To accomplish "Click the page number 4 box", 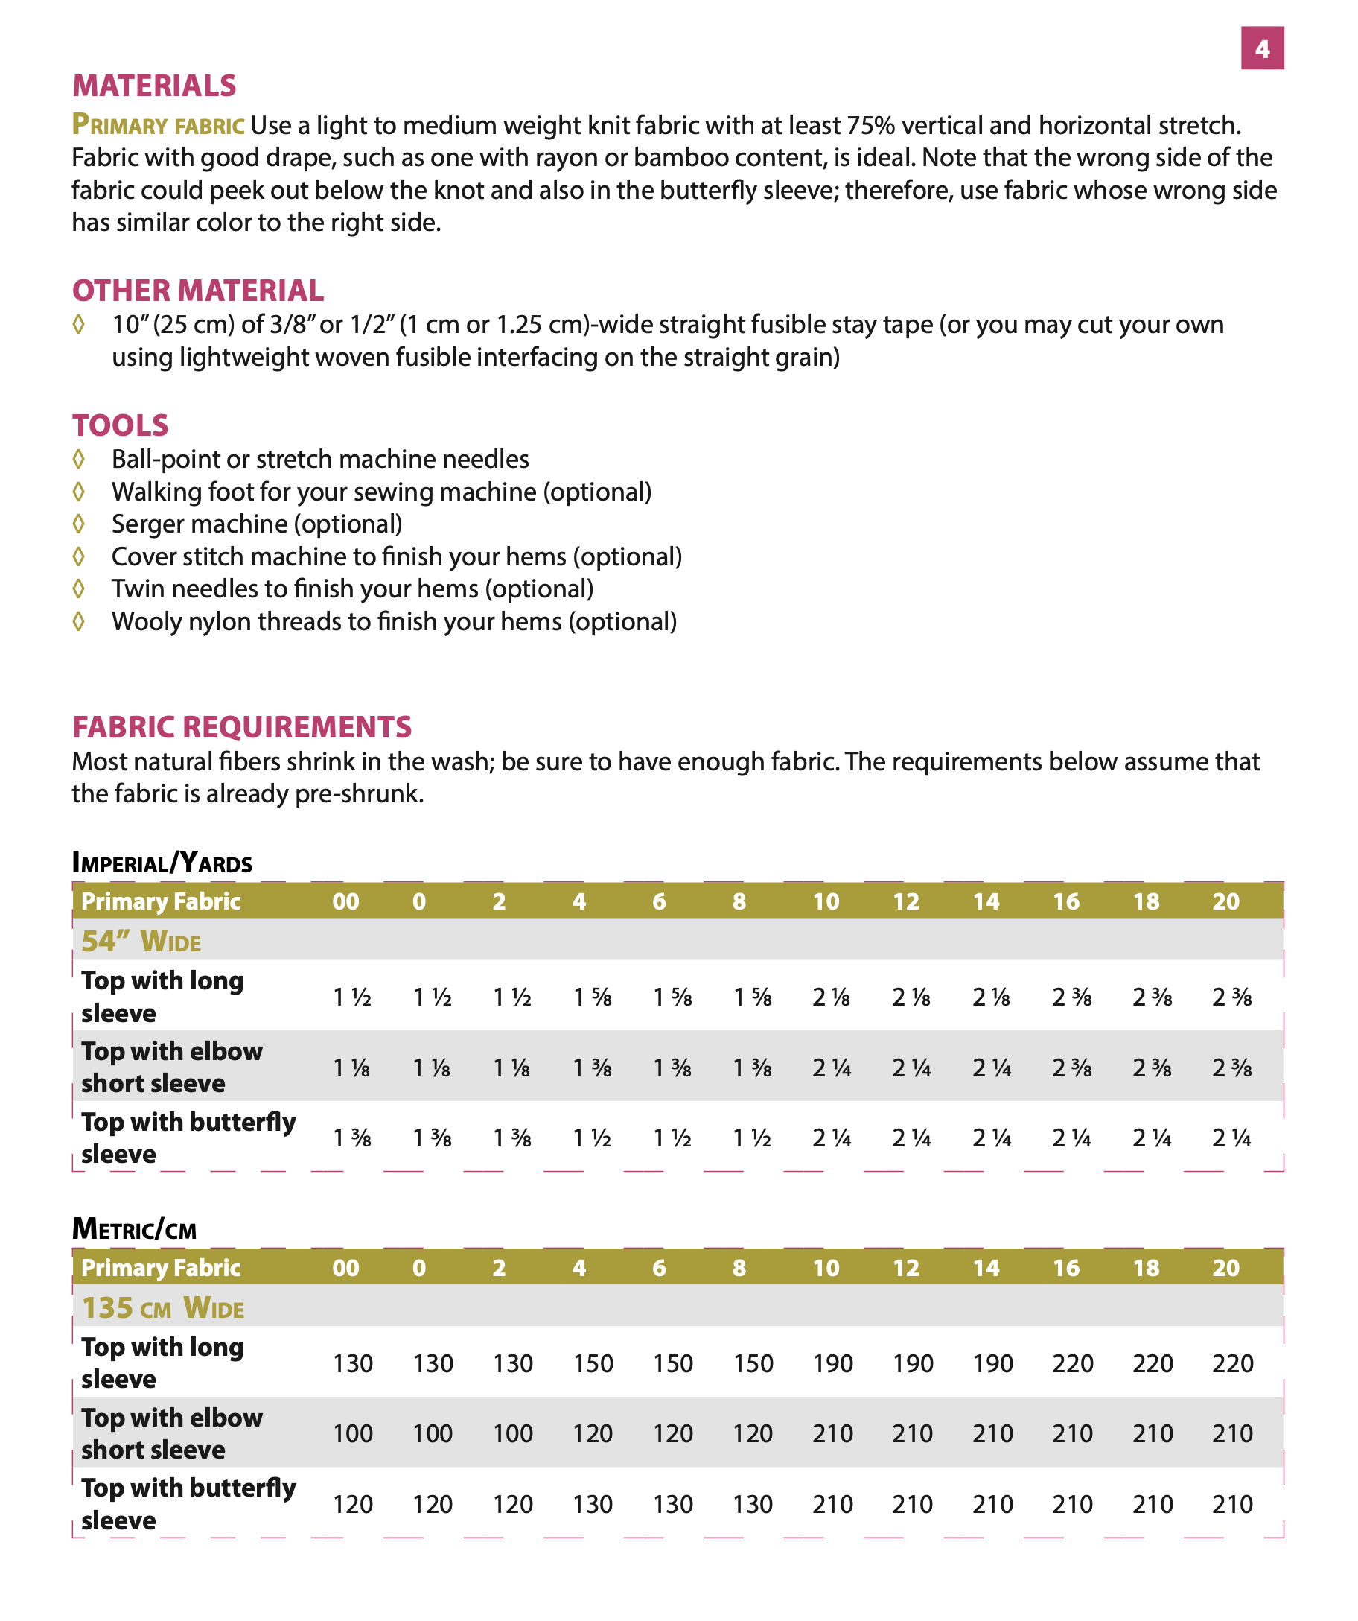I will click(1261, 48).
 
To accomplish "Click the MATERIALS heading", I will click(154, 86).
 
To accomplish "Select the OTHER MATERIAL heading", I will click(197, 291).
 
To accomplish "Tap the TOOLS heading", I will click(121, 425).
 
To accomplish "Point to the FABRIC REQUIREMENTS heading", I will click(241, 726).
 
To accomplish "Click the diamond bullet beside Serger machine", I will click(79, 524).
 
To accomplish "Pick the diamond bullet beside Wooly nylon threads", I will click(79, 621).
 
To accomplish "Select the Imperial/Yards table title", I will click(162, 862).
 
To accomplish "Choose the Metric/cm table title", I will click(134, 1228).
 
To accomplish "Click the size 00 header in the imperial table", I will click(345, 901).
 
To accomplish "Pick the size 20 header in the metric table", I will click(1225, 1267).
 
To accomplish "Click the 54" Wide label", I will click(141, 941).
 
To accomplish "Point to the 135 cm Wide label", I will click(163, 1307).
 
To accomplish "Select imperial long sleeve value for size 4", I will click(592, 997).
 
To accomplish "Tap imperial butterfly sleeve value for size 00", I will click(352, 1138).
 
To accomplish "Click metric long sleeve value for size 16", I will click(1073, 1363).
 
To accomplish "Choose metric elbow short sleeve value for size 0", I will click(432, 1433).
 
